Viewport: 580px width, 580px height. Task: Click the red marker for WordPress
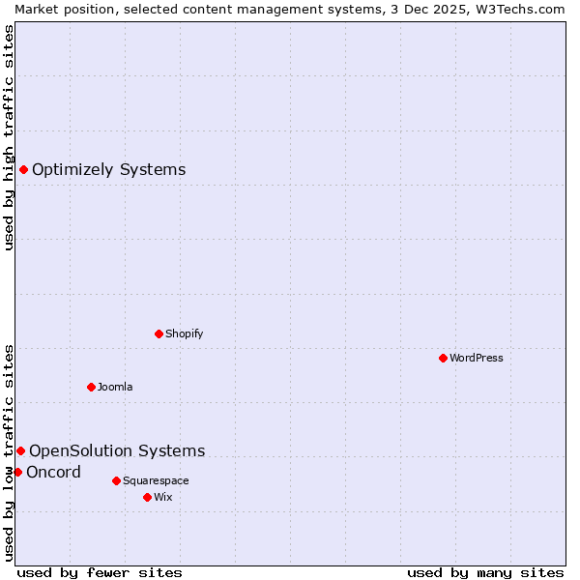pos(443,358)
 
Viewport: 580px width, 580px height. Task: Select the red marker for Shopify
pos(159,333)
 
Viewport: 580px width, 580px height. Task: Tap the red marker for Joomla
pos(91,387)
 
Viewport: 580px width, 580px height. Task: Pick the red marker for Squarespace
pos(116,480)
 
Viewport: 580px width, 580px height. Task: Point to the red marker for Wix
pos(147,497)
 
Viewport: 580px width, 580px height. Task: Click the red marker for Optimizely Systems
pos(23,170)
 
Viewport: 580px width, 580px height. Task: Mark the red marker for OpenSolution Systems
pos(20,450)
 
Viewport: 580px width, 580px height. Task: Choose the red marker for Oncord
pos(17,472)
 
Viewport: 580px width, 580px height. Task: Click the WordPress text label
pos(477,358)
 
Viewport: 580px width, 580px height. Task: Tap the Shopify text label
pos(184,333)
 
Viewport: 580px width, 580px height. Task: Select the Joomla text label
pos(115,387)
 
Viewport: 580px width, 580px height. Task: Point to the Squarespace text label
pos(156,480)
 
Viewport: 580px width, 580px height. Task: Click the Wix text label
pos(162,497)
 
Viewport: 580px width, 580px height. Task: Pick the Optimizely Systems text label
pos(108,170)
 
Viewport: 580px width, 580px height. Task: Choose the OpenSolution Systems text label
pos(117,450)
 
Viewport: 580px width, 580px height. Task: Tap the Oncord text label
pos(53,472)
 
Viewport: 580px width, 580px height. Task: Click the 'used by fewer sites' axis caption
pos(100,572)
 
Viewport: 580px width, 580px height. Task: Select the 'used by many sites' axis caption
pos(485,572)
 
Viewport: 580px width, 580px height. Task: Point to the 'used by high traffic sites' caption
pos(9,137)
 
